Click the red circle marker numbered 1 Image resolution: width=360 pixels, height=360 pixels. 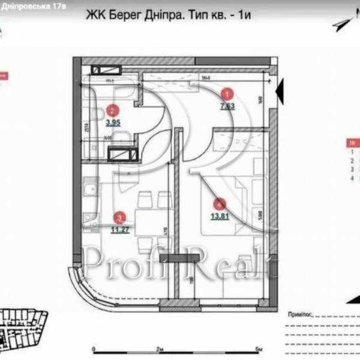227,93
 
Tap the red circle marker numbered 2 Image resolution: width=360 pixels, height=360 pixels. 112,110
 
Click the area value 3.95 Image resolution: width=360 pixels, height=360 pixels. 113,124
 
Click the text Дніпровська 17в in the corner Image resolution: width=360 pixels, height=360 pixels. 32,4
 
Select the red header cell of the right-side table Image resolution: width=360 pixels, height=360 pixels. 352,144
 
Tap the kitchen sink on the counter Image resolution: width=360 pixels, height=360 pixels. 88,191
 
